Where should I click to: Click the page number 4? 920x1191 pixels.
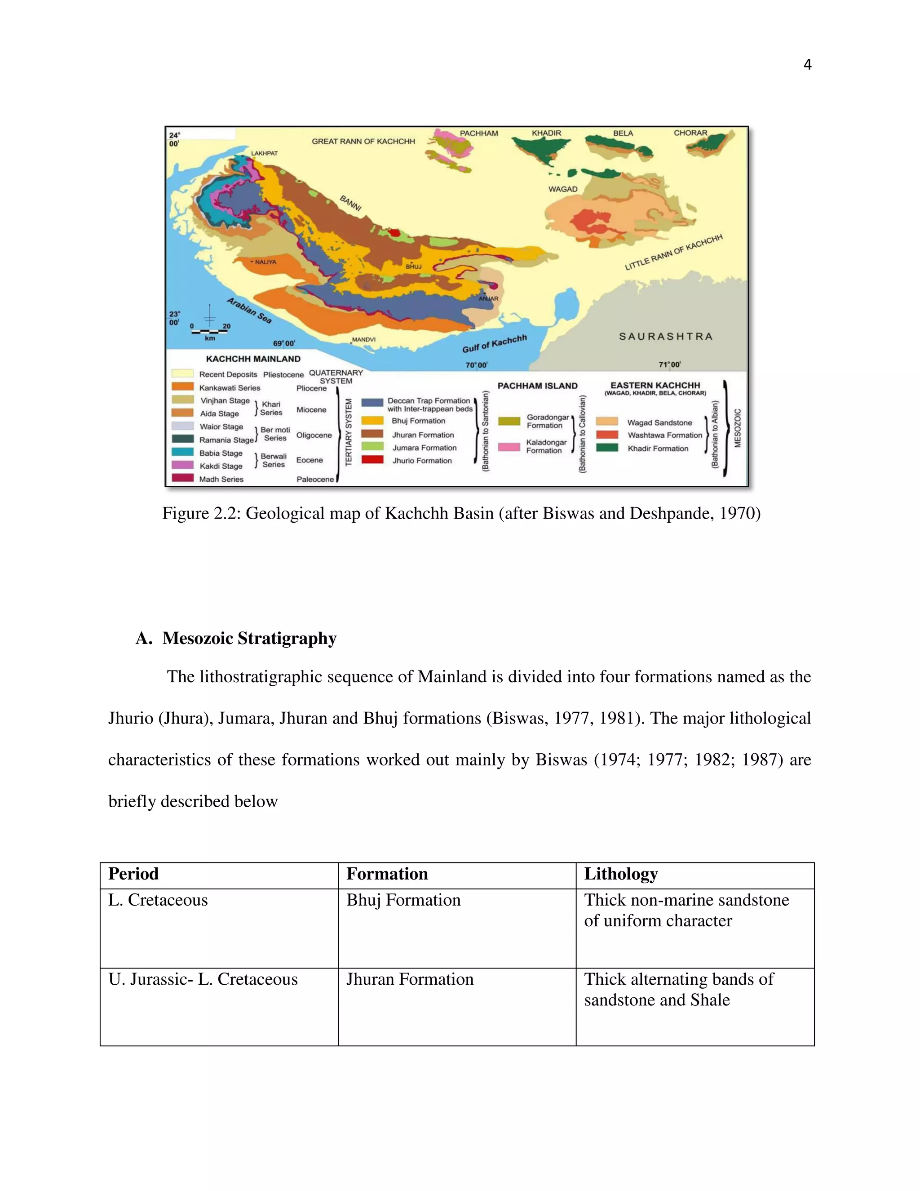coord(807,65)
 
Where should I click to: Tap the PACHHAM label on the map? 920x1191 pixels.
coord(478,133)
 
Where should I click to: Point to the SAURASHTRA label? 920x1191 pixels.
coord(665,337)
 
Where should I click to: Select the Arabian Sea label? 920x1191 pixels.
coord(249,310)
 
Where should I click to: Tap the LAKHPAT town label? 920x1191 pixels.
coord(264,153)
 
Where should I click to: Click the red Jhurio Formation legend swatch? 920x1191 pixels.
coord(372,460)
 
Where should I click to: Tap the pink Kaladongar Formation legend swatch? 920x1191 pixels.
coord(509,447)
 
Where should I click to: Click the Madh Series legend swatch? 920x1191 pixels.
coord(182,478)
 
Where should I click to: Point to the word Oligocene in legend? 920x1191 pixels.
coord(314,435)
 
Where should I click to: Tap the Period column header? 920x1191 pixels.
coord(133,874)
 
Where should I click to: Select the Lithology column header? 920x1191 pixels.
coord(621,874)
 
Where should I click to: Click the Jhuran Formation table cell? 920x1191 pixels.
coord(410,979)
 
